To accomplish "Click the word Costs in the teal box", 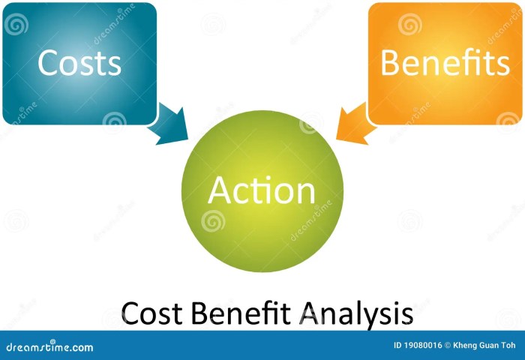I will coord(79,63).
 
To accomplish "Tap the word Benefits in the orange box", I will coord(445,63).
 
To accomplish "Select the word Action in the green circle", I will coord(262,190).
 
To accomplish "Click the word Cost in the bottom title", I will coord(146,313).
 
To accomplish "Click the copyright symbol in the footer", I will coord(448,346).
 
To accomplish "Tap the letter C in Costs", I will coord(46,63).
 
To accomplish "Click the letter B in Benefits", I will coord(390,63).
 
